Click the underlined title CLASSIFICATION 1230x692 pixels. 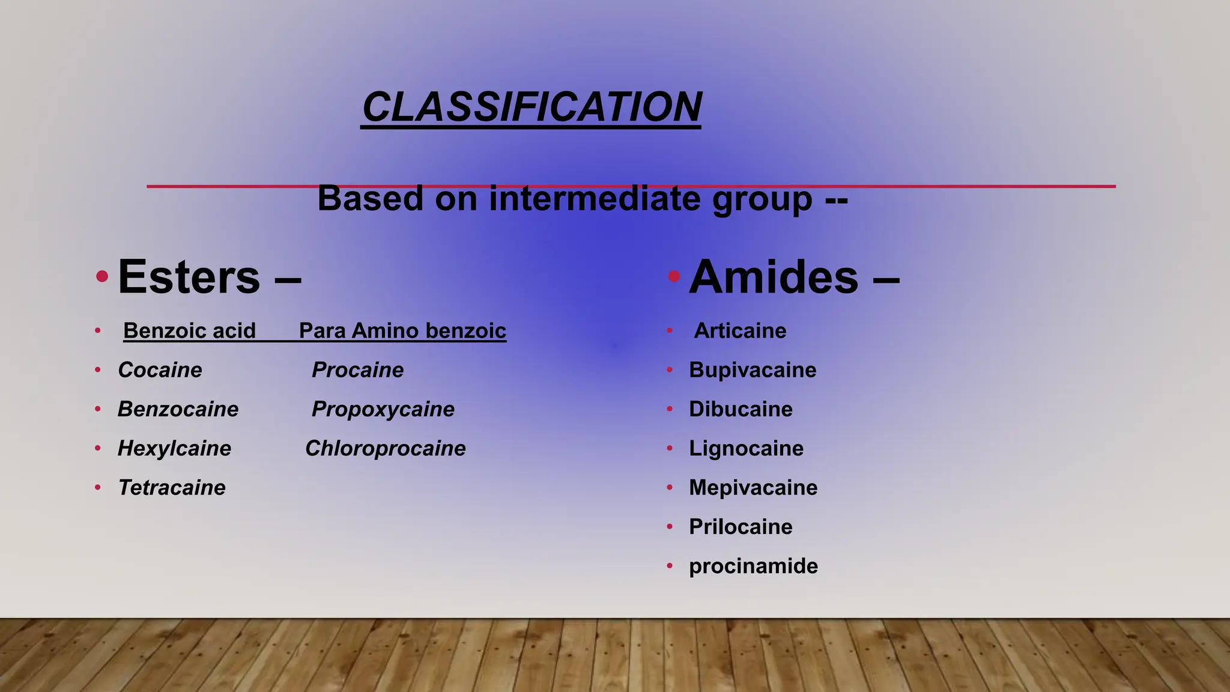click(x=532, y=107)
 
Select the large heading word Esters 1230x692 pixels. click(x=189, y=277)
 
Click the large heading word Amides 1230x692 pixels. click(x=774, y=277)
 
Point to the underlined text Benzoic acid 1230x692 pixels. click(x=189, y=330)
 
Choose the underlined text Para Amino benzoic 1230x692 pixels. click(x=402, y=330)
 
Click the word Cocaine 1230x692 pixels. click(x=160, y=370)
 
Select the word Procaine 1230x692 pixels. click(x=357, y=370)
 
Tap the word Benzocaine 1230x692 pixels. click(x=178, y=409)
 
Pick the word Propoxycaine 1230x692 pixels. click(x=383, y=409)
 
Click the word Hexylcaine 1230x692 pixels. click(x=174, y=448)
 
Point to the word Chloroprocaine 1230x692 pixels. click(x=385, y=448)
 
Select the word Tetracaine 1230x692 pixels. click(x=172, y=487)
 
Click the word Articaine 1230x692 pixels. click(x=740, y=330)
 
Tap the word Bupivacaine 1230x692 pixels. click(x=753, y=370)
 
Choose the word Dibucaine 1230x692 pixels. click(x=741, y=409)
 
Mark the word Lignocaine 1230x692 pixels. click(x=746, y=448)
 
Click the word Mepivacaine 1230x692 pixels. click(x=753, y=487)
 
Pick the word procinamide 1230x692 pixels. click(x=753, y=566)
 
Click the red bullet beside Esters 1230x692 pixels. click(x=102, y=276)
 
